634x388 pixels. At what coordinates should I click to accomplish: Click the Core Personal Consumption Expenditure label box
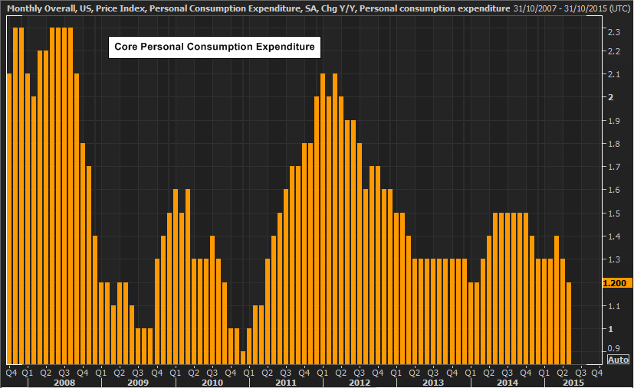[x=215, y=47]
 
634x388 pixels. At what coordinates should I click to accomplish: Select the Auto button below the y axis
[x=619, y=360]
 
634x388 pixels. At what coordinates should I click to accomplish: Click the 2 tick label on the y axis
[x=611, y=97]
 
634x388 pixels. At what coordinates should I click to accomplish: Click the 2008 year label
[x=64, y=383]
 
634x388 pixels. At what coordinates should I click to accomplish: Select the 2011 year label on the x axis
[x=286, y=383]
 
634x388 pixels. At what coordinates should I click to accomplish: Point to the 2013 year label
[x=433, y=383]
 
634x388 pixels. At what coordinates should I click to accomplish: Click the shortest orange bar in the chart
[x=243, y=358]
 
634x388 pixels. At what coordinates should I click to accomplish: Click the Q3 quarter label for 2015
[x=580, y=372]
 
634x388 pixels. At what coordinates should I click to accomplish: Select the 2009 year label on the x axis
[x=138, y=383]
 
